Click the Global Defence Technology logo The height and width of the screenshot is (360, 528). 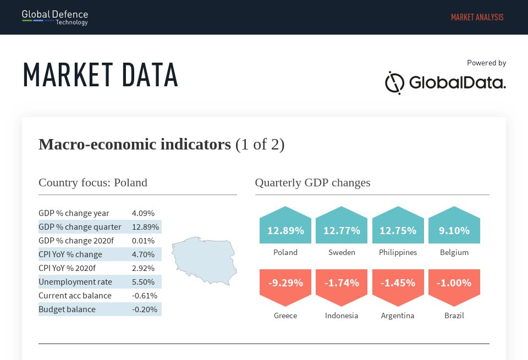pyautogui.click(x=55, y=17)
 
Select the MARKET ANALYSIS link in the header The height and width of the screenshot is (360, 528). pyautogui.click(x=477, y=17)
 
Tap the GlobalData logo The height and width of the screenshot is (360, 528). pyautogui.click(x=445, y=83)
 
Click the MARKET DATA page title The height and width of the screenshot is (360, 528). pyautogui.click(x=101, y=75)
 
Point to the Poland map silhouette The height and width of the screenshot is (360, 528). pyautogui.click(x=204, y=260)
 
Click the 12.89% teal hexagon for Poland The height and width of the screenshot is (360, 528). pyautogui.click(x=285, y=230)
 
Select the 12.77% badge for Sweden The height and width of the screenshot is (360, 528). pyautogui.click(x=342, y=230)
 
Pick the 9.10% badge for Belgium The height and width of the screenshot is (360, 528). pyautogui.click(x=454, y=230)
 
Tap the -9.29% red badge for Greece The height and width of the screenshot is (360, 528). pyautogui.click(x=285, y=283)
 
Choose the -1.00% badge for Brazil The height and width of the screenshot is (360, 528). pyautogui.click(x=454, y=283)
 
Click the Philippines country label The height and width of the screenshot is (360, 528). pyautogui.click(x=398, y=252)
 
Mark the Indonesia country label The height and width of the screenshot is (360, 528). pyautogui.click(x=342, y=315)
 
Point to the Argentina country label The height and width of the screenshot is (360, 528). pyautogui.click(x=398, y=315)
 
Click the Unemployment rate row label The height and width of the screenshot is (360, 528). pyautogui.click(x=75, y=282)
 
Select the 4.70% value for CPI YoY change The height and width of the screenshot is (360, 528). pyautogui.click(x=143, y=254)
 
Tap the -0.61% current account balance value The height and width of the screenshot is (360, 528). pyautogui.click(x=145, y=296)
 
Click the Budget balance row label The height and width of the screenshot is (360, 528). pyautogui.click(x=67, y=309)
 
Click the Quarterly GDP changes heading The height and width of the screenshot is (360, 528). pyautogui.click(x=312, y=182)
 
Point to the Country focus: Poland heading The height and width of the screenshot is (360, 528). pyautogui.click(x=93, y=182)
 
